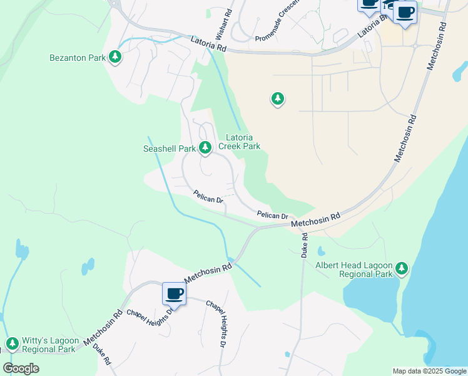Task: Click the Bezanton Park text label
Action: point(77,58)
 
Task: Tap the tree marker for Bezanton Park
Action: point(114,57)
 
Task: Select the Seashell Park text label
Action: point(170,149)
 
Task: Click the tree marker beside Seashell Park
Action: point(205,148)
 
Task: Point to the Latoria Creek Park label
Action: point(243,142)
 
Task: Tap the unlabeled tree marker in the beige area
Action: point(277,98)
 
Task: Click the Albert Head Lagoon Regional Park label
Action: point(354,269)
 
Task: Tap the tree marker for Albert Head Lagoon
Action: point(401,269)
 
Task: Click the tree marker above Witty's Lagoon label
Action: point(12,343)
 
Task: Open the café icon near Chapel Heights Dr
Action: point(174,293)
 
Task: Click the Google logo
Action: point(21,368)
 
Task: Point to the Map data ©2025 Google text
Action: point(429,371)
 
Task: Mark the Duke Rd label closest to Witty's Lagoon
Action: point(101,354)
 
